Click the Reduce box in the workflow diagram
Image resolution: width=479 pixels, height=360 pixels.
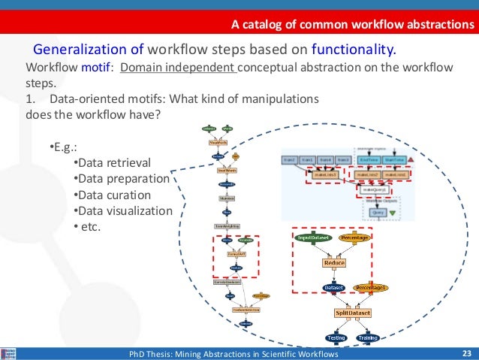(x=333, y=263)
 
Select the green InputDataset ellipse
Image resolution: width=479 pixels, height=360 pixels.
(x=314, y=237)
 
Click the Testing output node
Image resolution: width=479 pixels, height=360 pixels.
(x=335, y=338)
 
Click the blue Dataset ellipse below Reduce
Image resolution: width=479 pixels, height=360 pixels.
(x=333, y=287)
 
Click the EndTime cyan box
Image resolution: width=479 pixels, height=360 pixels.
(x=369, y=159)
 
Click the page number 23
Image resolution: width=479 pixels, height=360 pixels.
(x=465, y=353)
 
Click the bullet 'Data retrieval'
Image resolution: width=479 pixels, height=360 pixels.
(x=114, y=163)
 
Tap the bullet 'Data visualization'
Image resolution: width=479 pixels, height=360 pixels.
(x=124, y=210)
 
